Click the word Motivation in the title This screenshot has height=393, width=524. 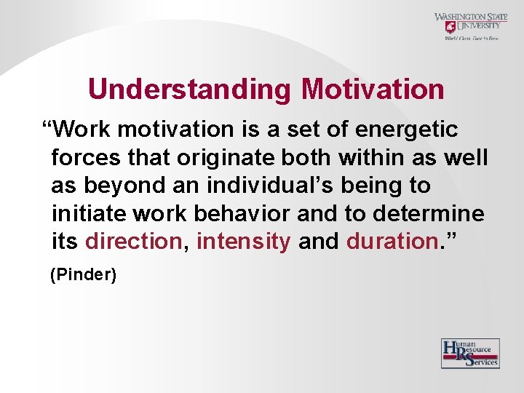tap(373, 90)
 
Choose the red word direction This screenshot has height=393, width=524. tap(133, 241)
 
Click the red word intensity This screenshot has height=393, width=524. tap(244, 241)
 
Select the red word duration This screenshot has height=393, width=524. tap(391, 241)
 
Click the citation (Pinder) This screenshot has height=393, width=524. tap(82, 275)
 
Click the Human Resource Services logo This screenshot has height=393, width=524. tap(470, 353)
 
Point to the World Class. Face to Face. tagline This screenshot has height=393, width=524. tap(472, 38)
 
